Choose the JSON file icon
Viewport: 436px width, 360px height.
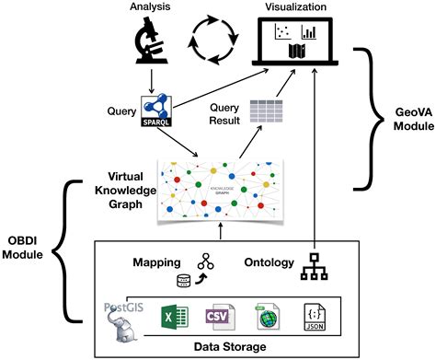pos(314,318)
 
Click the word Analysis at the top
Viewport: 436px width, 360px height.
pos(148,7)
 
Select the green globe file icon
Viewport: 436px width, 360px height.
pos(266,318)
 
